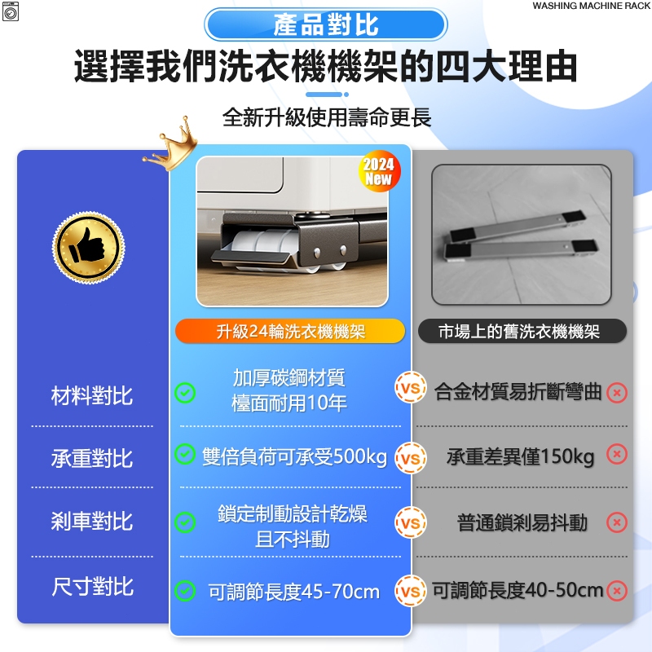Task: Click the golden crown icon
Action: point(173,145)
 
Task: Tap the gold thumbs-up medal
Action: point(88,248)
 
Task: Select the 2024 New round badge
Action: point(379,171)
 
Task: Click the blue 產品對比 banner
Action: point(325,24)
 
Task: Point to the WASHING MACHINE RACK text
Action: point(592,6)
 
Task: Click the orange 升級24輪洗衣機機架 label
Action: point(290,332)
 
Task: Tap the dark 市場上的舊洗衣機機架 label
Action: point(522,332)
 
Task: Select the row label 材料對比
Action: point(92,395)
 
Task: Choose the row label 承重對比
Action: point(92,459)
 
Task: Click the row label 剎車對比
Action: point(92,521)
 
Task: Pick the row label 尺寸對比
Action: point(92,587)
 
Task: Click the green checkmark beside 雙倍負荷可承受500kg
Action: point(185,454)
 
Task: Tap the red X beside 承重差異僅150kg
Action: point(617,454)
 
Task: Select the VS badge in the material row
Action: point(411,388)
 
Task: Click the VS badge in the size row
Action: point(411,591)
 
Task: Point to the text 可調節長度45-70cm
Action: point(294,592)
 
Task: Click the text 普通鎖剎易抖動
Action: point(522,522)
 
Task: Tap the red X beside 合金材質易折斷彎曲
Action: point(617,393)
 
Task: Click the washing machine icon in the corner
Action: point(11,11)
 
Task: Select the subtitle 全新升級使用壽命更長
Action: point(327,117)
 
